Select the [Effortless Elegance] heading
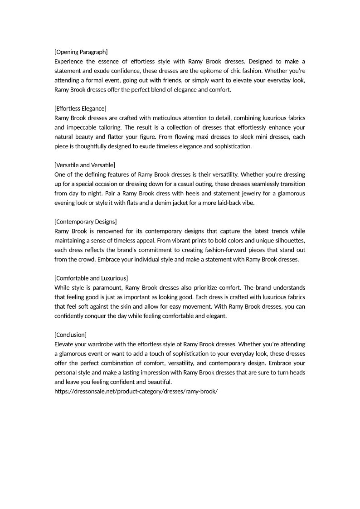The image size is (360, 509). [x=80, y=108]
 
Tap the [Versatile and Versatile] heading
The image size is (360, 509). [x=84, y=165]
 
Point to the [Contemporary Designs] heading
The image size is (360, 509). [x=85, y=222]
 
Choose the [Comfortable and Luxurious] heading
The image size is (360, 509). [x=91, y=278]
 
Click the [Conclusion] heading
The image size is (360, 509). [x=70, y=334]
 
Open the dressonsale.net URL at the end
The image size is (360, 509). [x=136, y=391]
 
